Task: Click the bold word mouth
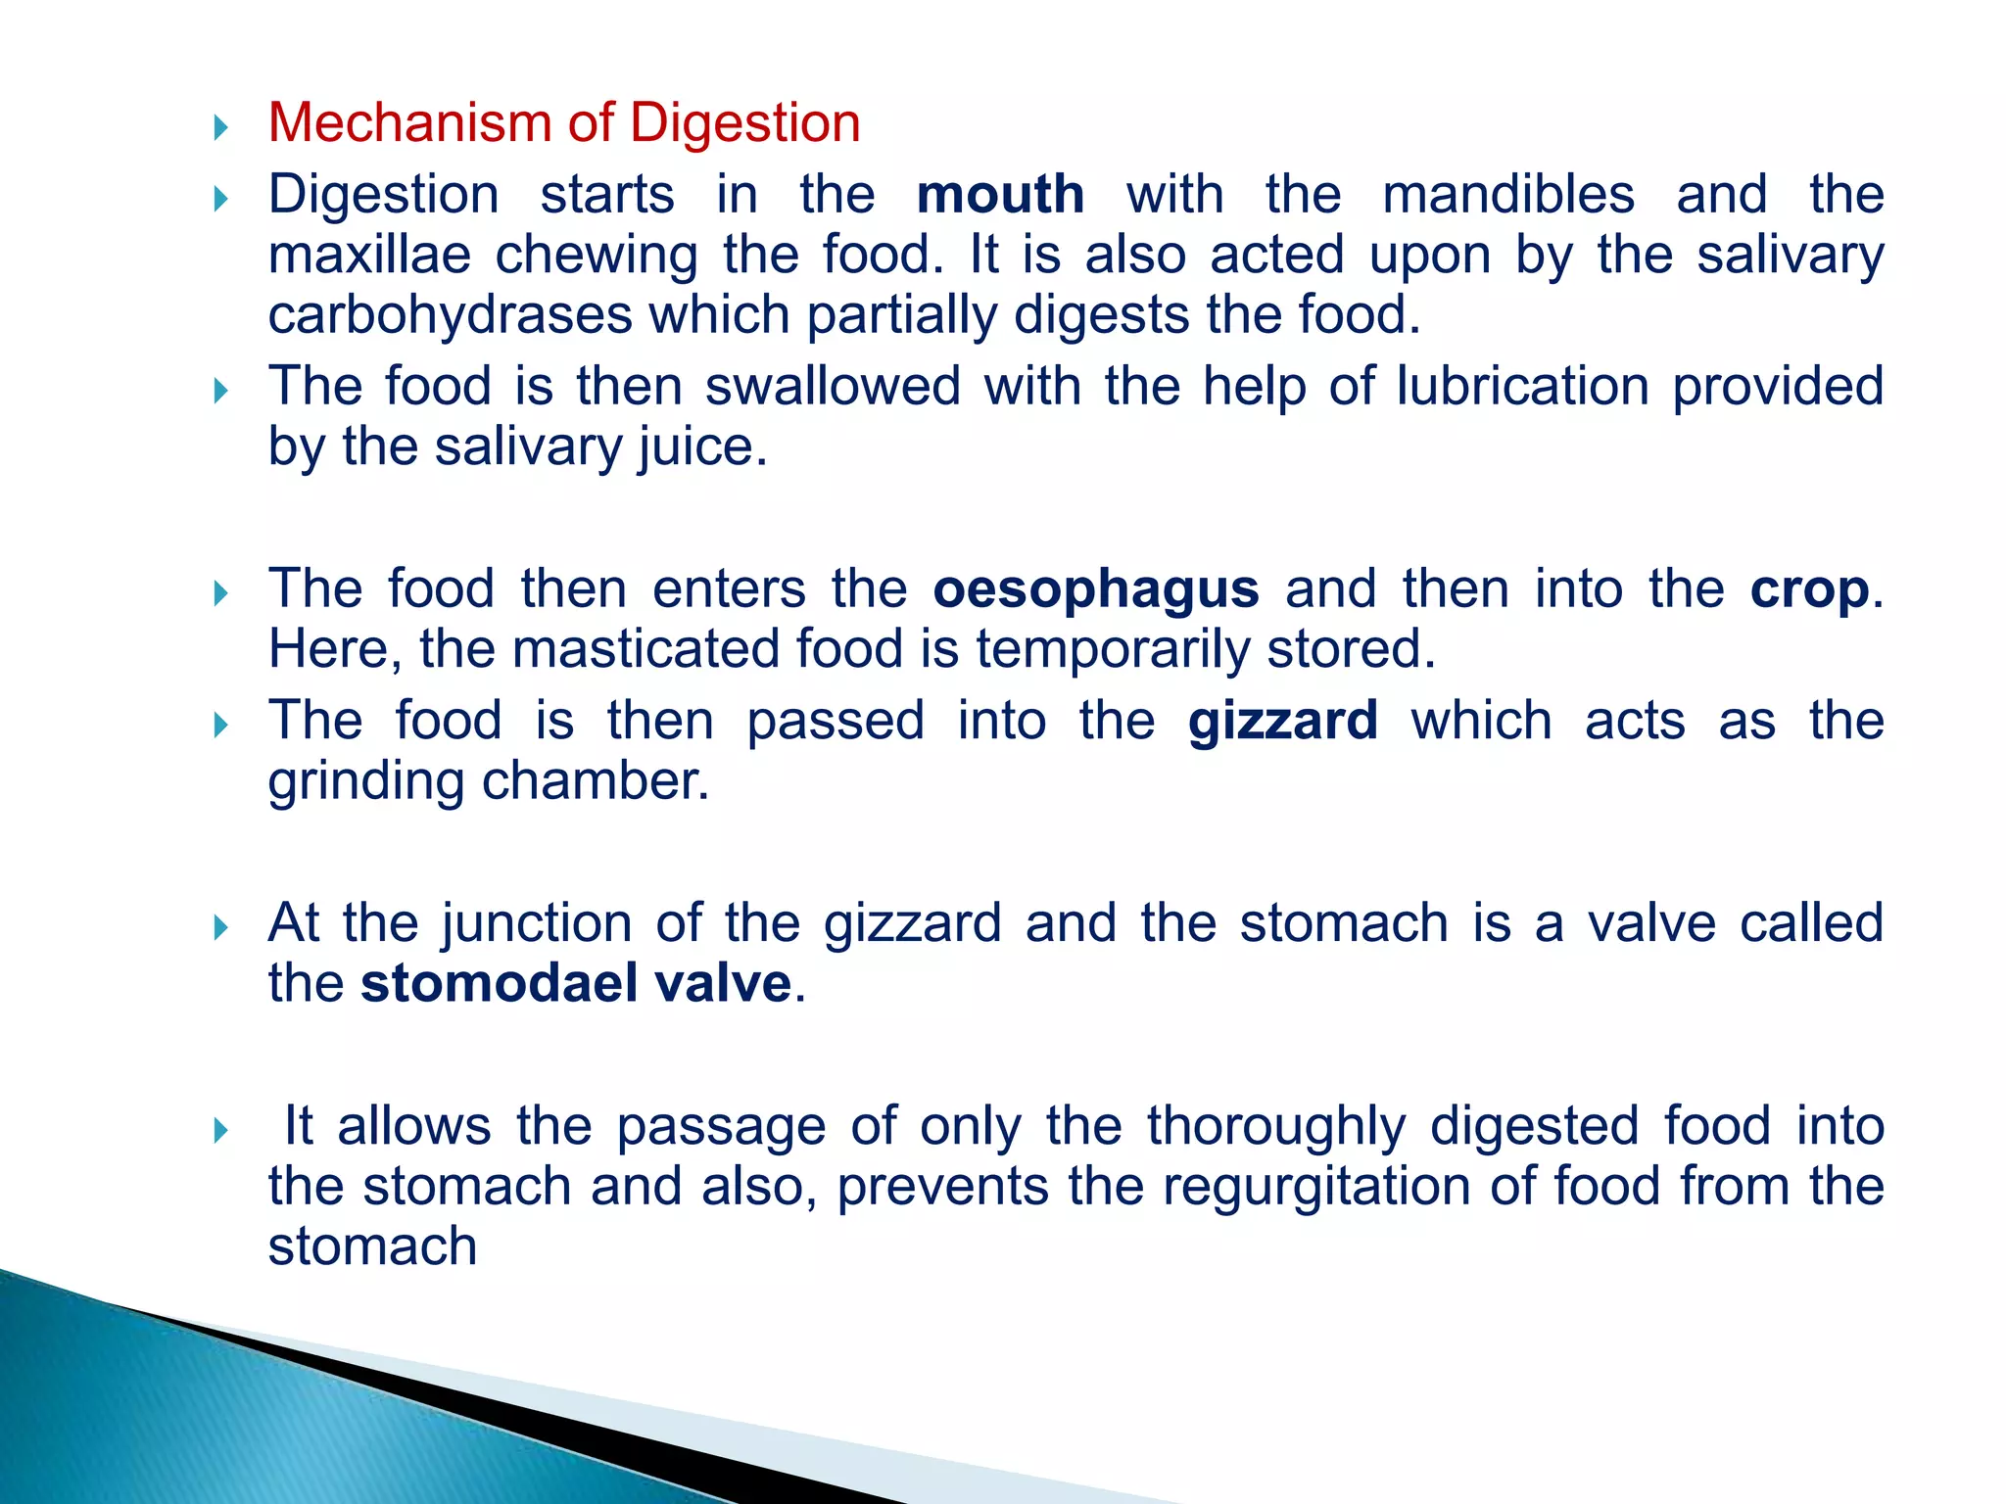click(1000, 194)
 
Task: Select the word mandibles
click(1508, 194)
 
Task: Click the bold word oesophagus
click(1095, 589)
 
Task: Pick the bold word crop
click(1810, 589)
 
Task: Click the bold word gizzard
click(1283, 721)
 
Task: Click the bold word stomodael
click(500, 983)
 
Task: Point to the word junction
click(537, 923)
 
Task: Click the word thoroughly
click(1277, 1126)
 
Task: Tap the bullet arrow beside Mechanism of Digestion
click(220, 127)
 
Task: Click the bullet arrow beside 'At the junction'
click(220, 927)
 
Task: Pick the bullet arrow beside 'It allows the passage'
click(220, 1131)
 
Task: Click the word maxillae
click(369, 255)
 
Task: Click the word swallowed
click(833, 386)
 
